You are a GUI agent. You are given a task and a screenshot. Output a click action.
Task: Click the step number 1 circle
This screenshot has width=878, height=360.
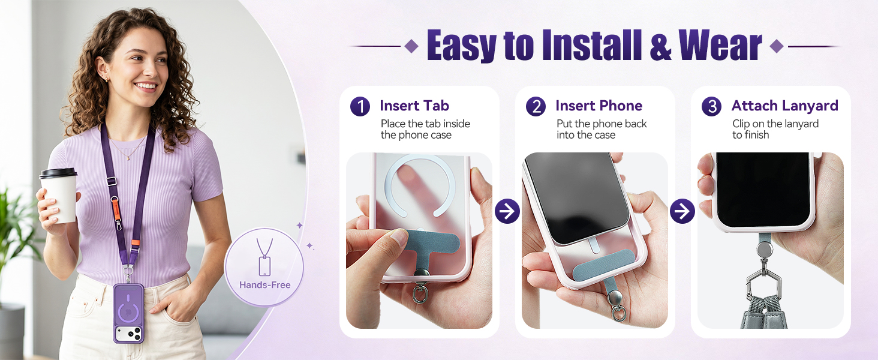point(360,106)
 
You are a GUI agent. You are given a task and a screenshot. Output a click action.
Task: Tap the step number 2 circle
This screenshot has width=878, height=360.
point(536,106)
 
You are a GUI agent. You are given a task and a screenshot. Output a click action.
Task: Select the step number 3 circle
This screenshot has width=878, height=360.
point(711,106)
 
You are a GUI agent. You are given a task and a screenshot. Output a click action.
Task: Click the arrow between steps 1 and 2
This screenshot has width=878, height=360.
point(507,211)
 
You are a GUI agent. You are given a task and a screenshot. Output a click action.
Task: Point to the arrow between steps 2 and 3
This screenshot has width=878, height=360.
point(682,211)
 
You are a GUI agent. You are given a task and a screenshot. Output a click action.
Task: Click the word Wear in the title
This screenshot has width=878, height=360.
point(720,46)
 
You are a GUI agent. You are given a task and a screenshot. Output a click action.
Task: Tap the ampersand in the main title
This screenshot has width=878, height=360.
point(660,47)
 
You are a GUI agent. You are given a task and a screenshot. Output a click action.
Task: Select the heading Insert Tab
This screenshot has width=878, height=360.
point(414,106)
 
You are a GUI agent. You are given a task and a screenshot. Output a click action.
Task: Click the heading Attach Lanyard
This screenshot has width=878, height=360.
point(784,106)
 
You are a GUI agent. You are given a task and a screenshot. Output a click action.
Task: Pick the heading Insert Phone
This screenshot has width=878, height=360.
point(599,106)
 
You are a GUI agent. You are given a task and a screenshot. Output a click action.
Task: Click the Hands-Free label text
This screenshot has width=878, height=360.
point(265,285)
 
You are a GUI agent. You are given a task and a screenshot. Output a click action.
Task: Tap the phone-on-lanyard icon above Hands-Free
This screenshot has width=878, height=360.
point(264,257)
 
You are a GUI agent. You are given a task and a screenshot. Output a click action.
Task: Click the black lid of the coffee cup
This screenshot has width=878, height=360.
point(58,173)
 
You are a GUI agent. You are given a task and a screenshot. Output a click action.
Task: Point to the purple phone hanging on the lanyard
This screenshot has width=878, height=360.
point(128,313)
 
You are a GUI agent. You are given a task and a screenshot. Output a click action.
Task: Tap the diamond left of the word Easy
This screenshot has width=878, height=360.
point(411,46)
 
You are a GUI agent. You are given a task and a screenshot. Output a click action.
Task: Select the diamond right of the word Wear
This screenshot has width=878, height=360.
point(777,46)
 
